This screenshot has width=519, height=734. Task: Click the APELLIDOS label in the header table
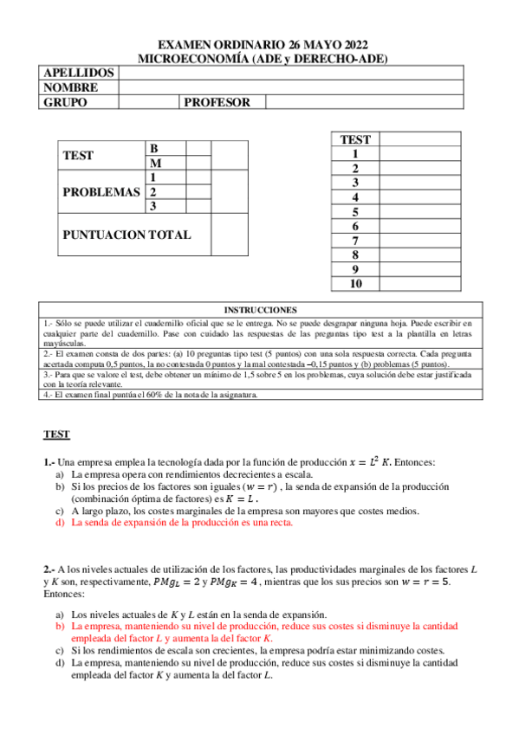(78, 73)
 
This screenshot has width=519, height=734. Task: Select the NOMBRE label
(70, 87)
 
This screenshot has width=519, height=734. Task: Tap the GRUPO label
(65, 102)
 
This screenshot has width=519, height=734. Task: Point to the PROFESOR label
(217, 102)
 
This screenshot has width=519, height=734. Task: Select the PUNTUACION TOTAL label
(127, 235)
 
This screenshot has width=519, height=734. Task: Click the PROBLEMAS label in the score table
(101, 192)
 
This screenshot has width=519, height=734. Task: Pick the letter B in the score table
(154, 148)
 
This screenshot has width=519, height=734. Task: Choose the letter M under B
(155, 163)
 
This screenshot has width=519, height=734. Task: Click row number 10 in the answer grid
(355, 284)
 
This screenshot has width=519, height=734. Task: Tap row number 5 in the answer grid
(355, 212)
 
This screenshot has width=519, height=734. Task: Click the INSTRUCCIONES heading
(260, 309)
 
